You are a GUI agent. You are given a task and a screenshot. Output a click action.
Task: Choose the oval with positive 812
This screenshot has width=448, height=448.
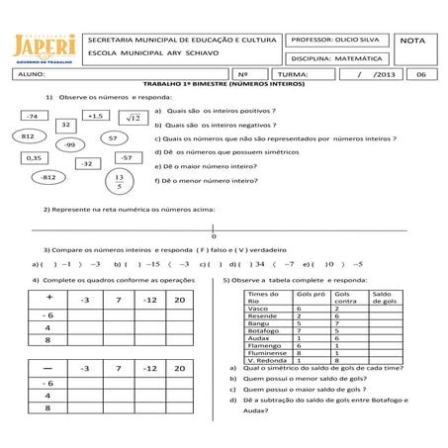[x=29, y=134]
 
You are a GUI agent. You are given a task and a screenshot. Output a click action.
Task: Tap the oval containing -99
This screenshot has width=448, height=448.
[x=69, y=144]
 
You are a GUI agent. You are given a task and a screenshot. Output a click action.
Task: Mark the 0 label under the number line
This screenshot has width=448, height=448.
[x=213, y=236]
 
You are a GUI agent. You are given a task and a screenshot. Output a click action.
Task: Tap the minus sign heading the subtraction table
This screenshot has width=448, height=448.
[x=48, y=367]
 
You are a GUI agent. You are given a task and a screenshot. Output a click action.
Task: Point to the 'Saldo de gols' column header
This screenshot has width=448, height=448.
[x=384, y=297]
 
